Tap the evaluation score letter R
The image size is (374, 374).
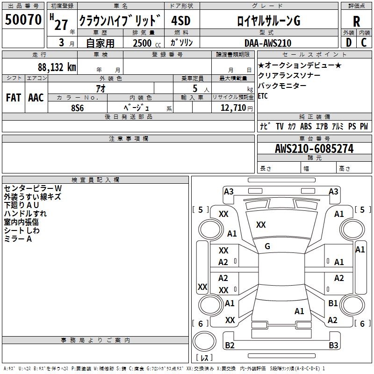[356, 22]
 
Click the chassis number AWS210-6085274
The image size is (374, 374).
[314, 149]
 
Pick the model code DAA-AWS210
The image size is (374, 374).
[268, 43]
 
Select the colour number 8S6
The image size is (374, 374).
[78, 107]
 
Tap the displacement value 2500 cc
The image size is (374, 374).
[144, 43]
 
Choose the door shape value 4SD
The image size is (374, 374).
[181, 21]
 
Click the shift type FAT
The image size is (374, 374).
[13, 98]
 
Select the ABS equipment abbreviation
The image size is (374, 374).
[306, 126]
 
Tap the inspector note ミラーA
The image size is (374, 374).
[18, 239]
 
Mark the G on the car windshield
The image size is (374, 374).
[267, 246]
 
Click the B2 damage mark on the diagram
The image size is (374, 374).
[230, 345]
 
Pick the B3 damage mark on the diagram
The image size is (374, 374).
[333, 345]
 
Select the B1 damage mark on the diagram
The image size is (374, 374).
[333, 303]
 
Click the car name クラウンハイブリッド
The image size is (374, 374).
[120, 21]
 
